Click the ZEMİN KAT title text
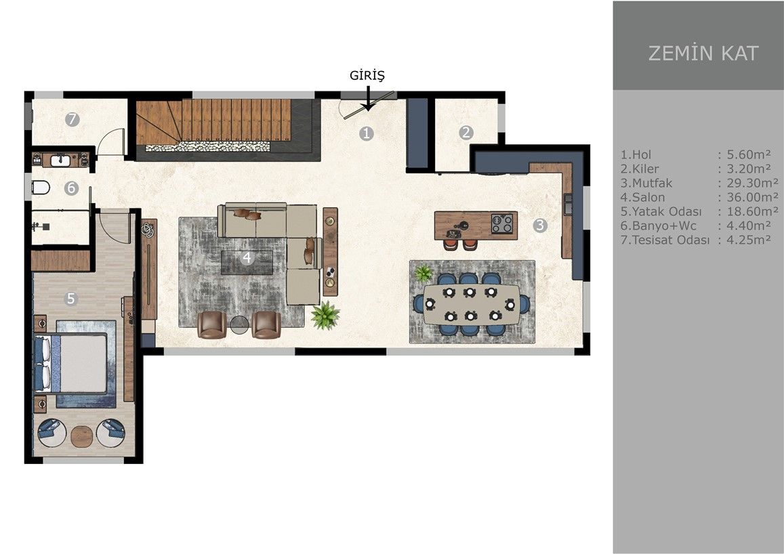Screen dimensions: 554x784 click(703, 54)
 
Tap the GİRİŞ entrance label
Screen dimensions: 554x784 click(367, 77)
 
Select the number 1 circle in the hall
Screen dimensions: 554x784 click(366, 133)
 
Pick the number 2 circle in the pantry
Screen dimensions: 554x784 click(466, 133)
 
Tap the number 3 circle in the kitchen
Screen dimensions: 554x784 click(539, 226)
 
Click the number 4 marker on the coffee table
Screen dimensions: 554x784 click(247, 258)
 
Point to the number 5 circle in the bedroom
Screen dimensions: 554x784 click(70, 297)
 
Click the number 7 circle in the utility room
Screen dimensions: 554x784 click(73, 120)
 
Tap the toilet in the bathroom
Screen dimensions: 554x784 click(40, 188)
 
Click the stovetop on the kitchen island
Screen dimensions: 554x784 click(502, 223)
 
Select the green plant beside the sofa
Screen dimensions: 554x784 click(325, 315)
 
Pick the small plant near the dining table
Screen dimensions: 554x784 click(424, 274)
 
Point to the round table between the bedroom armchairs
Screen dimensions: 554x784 click(81, 435)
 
